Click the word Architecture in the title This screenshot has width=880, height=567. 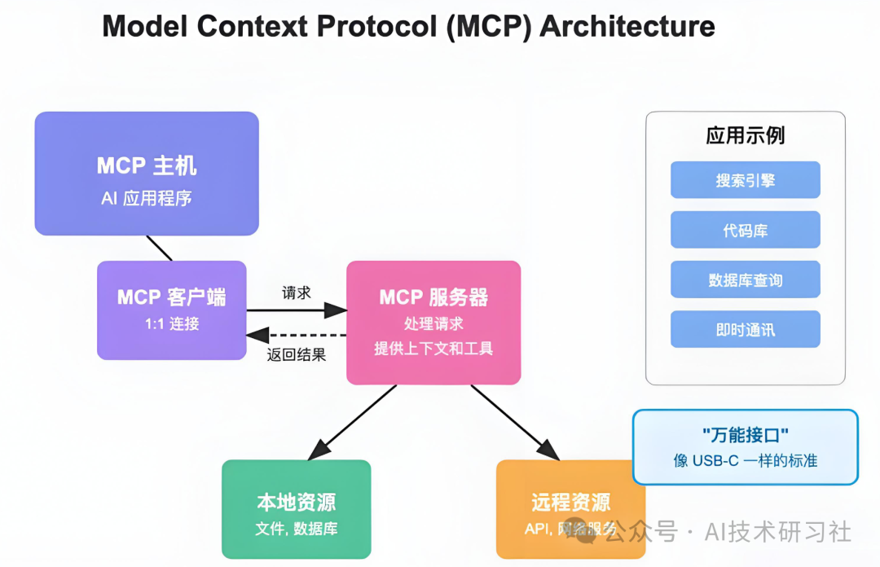pos(627,26)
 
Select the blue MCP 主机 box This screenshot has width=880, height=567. pos(147,174)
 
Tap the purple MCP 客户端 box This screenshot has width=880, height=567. pos(171,310)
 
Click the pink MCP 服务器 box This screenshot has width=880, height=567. pos(433,323)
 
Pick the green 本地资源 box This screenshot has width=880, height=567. pos(297,510)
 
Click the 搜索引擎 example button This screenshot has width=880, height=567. pos(745,180)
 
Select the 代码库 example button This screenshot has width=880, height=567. pos(745,231)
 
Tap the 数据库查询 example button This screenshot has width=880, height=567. pos(745,280)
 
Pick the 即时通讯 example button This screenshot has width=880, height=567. pos(745,330)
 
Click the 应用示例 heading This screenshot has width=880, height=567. pos(745,135)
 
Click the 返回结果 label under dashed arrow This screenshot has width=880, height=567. pos(297,354)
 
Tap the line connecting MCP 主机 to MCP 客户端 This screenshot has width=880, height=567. pos(159,248)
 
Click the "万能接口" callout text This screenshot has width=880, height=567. pos(745,436)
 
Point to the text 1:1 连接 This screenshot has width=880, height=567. pos(171,324)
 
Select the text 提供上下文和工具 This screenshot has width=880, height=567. pos(433,349)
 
